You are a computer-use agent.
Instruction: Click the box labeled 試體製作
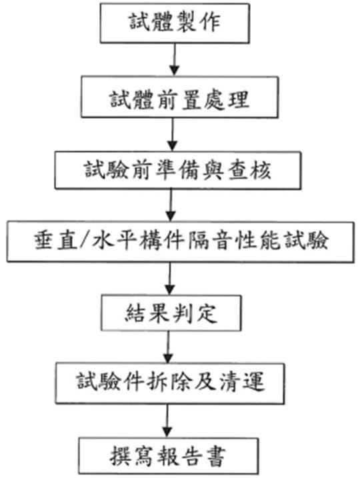(175, 23)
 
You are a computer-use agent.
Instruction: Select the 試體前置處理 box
(179, 97)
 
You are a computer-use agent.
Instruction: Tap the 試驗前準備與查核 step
(178, 171)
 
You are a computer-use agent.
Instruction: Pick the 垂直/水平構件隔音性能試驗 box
(181, 242)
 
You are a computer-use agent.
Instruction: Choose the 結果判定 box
(171, 313)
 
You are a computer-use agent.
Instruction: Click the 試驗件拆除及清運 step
(170, 383)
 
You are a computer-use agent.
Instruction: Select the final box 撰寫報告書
(169, 457)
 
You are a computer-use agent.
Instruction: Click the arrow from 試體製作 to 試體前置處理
(175, 59)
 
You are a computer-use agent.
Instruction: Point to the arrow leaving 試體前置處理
(173, 135)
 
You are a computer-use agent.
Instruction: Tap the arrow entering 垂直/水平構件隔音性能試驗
(171, 205)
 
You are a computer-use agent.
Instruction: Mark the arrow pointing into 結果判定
(170, 278)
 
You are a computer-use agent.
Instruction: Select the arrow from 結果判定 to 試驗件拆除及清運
(168, 347)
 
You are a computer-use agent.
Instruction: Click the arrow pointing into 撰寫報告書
(167, 421)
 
